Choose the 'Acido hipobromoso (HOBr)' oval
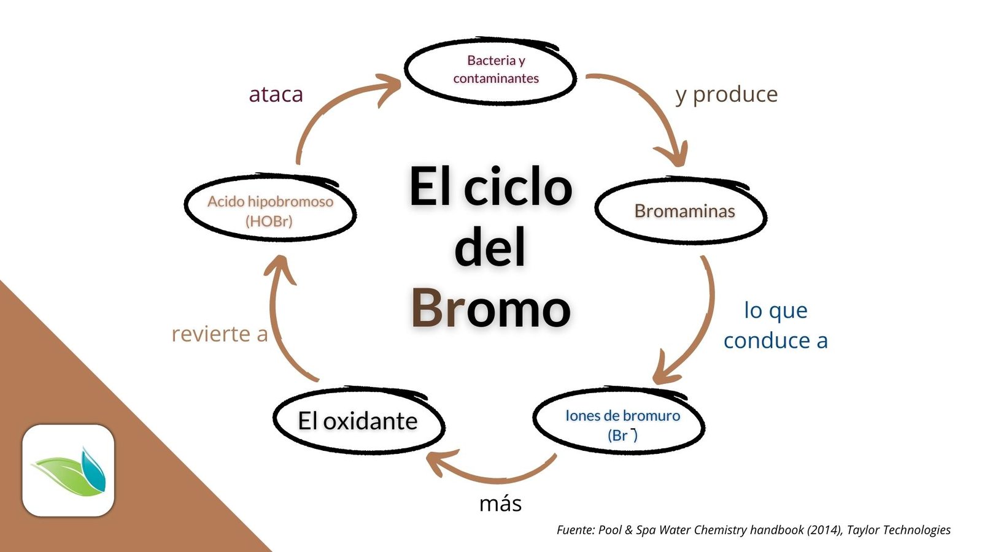point(271,210)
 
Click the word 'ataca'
point(276,94)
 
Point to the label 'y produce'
point(726,94)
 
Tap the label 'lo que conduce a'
point(775,325)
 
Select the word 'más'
point(500,504)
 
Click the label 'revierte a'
point(220,334)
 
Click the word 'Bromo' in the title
point(490,308)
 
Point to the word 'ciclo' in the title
point(517,186)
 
